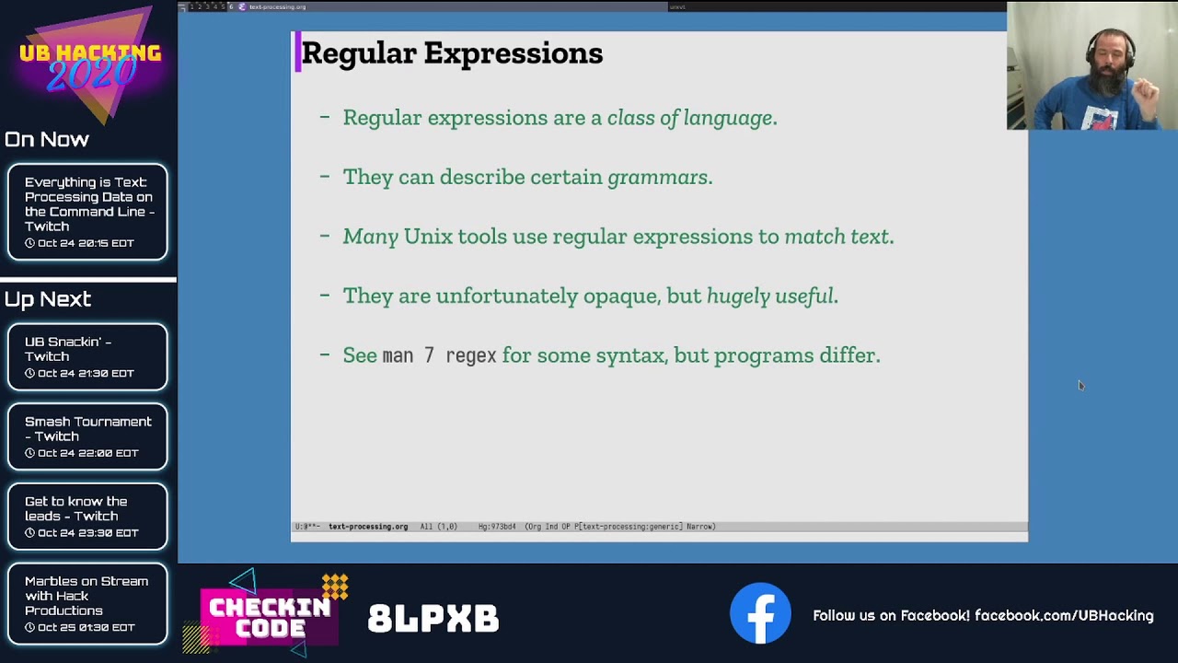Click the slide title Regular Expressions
pyautogui.click(x=452, y=53)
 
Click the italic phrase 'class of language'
pyautogui.click(x=690, y=118)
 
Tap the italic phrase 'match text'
pyautogui.click(x=837, y=237)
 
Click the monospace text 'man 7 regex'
pyautogui.click(x=439, y=355)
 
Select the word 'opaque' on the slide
pyautogui.click(x=621, y=297)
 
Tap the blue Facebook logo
pyautogui.click(x=760, y=613)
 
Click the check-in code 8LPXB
pyautogui.click(x=433, y=619)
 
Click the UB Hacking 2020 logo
pyautogui.click(x=89, y=64)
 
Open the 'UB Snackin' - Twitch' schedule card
pyautogui.click(x=87, y=356)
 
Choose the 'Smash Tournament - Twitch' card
pyautogui.click(x=87, y=436)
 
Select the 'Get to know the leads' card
pyautogui.click(x=87, y=517)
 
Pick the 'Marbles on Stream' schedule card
pyautogui.click(x=87, y=603)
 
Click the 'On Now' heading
pyautogui.click(x=47, y=140)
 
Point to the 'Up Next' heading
pyautogui.click(x=48, y=299)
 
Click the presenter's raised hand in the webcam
pyautogui.click(x=1145, y=92)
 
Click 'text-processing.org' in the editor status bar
pyautogui.click(x=368, y=527)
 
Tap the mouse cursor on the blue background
pyautogui.click(x=1080, y=385)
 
